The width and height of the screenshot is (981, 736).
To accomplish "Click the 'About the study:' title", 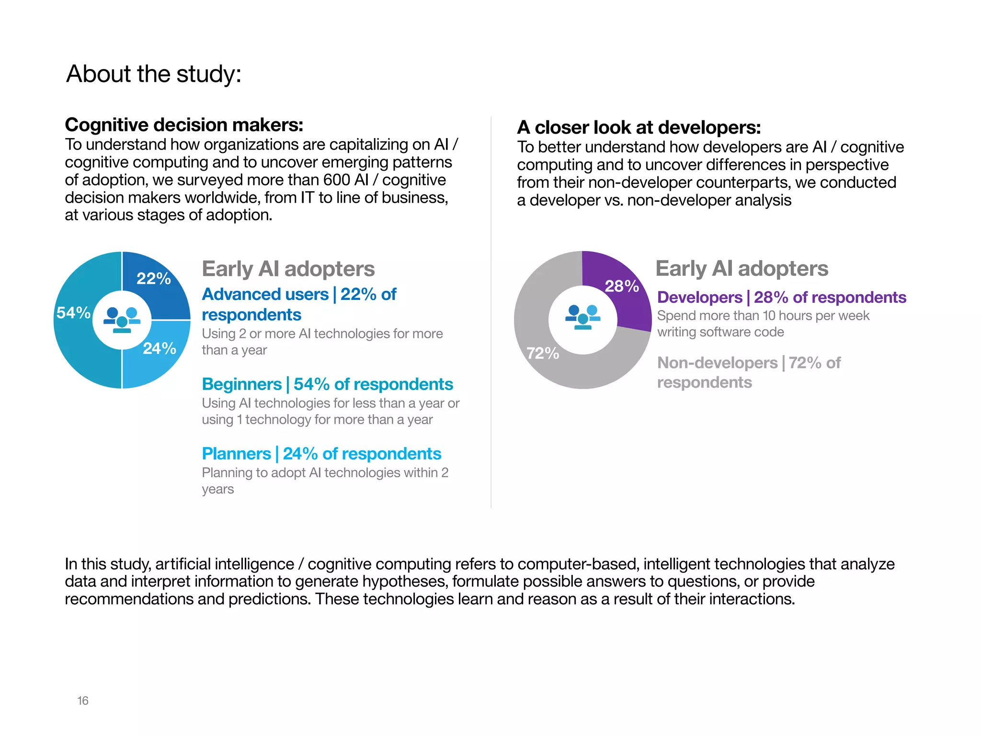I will [x=153, y=74].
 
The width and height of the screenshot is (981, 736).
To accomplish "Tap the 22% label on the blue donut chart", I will [x=153, y=278].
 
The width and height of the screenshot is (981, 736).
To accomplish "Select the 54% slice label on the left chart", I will [x=73, y=313].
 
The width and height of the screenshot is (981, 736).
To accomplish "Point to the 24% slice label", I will [x=160, y=348].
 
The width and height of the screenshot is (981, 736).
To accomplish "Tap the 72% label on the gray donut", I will [x=543, y=354].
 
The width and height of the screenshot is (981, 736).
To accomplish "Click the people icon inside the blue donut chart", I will [x=122, y=320].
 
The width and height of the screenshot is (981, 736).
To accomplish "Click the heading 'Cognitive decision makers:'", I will [x=184, y=125].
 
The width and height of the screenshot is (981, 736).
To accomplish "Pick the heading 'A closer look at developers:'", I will [x=639, y=127].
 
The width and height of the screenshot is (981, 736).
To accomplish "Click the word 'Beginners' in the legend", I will [x=241, y=384].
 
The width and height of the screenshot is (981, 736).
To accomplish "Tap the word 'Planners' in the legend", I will [x=236, y=454].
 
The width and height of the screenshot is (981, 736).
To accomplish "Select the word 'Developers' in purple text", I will [x=699, y=298].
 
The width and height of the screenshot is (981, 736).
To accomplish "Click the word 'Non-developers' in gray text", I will [x=717, y=363].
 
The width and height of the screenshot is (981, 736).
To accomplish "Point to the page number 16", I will [x=83, y=701].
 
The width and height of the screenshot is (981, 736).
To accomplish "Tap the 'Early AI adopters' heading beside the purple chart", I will [x=741, y=268].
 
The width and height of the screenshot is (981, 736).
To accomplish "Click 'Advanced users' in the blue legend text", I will [x=265, y=294].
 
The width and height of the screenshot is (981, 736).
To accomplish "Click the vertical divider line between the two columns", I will [x=491, y=311].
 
